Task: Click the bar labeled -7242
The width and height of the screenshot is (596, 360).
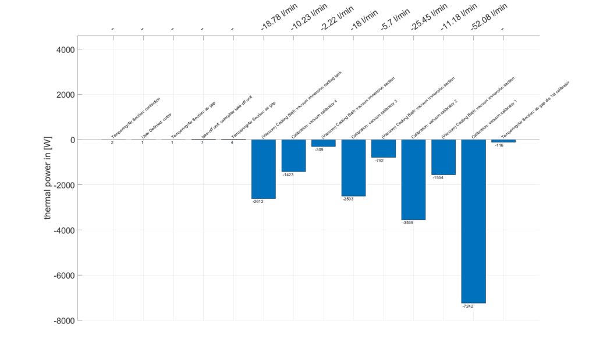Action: pyautogui.click(x=473, y=221)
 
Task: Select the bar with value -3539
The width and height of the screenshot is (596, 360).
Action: pyautogui.click(x=413, y=179)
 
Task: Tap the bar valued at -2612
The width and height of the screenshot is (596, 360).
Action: pyautogui.click(x=263, y=169)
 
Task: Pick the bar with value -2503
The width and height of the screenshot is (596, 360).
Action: pyautogui.click(x=353, y=167)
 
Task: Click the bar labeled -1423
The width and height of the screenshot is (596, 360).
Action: pyautogui.click(x=293, y=155)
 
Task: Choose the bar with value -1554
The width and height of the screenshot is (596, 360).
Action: pyautogui.click(x=444, y=157)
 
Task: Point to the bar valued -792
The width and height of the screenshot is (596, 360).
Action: pyautogui.click(x=383, y=148)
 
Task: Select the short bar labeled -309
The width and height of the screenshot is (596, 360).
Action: pyautogui.click(x=323, y=143)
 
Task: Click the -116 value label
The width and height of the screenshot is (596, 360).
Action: pyautogui.click(x=499, y=145)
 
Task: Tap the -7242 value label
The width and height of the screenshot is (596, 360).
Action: pyautogui.click(x=467, y=306)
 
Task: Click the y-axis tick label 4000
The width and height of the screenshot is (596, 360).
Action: pyautogui.click(x=64, y=49)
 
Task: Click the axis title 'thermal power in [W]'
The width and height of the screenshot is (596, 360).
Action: pyautogui.click(x=48, y=180)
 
